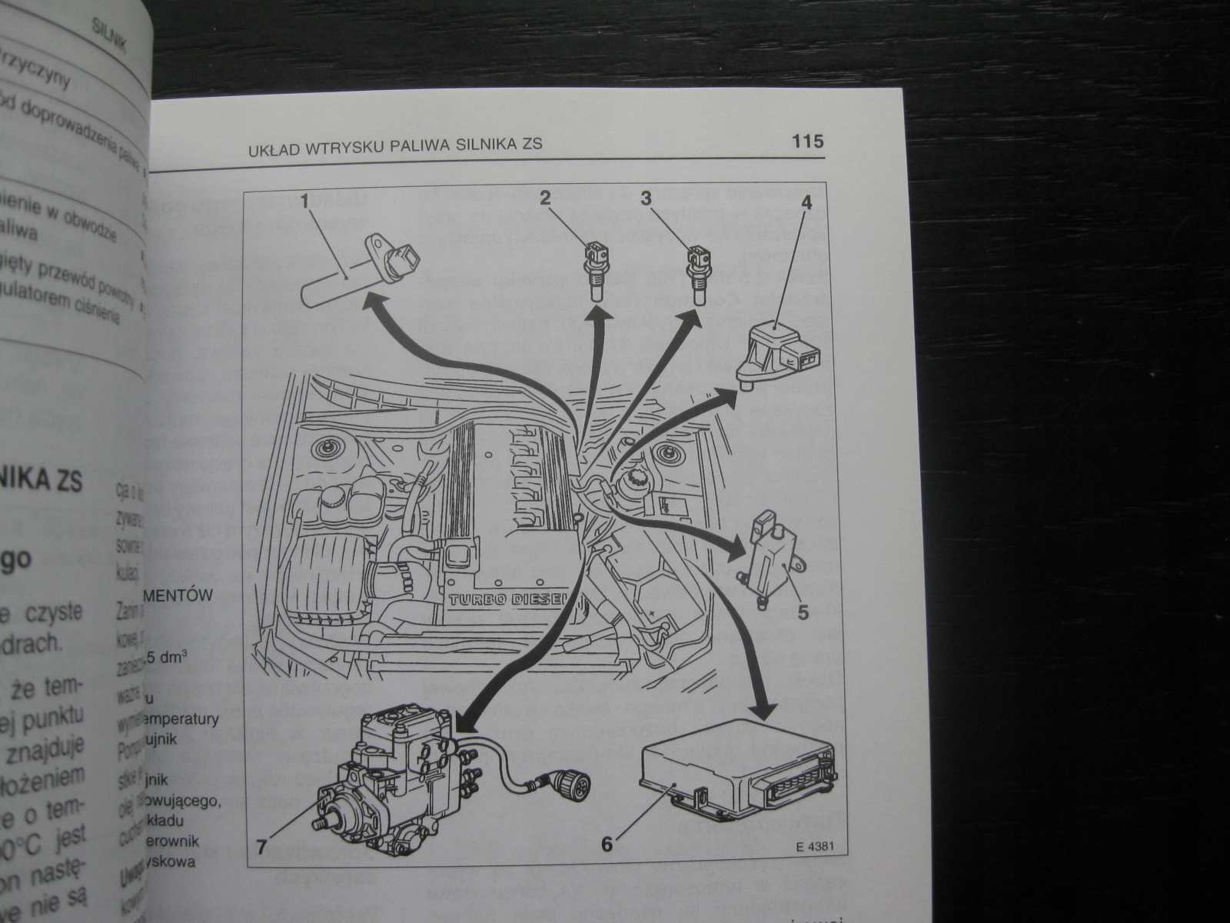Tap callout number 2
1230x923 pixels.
[545, 198]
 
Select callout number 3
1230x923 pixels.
[647, 198]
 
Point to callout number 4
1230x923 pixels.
[806, 204]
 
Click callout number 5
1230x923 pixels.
[803, 612]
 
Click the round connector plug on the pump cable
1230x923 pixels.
[563, 787]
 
